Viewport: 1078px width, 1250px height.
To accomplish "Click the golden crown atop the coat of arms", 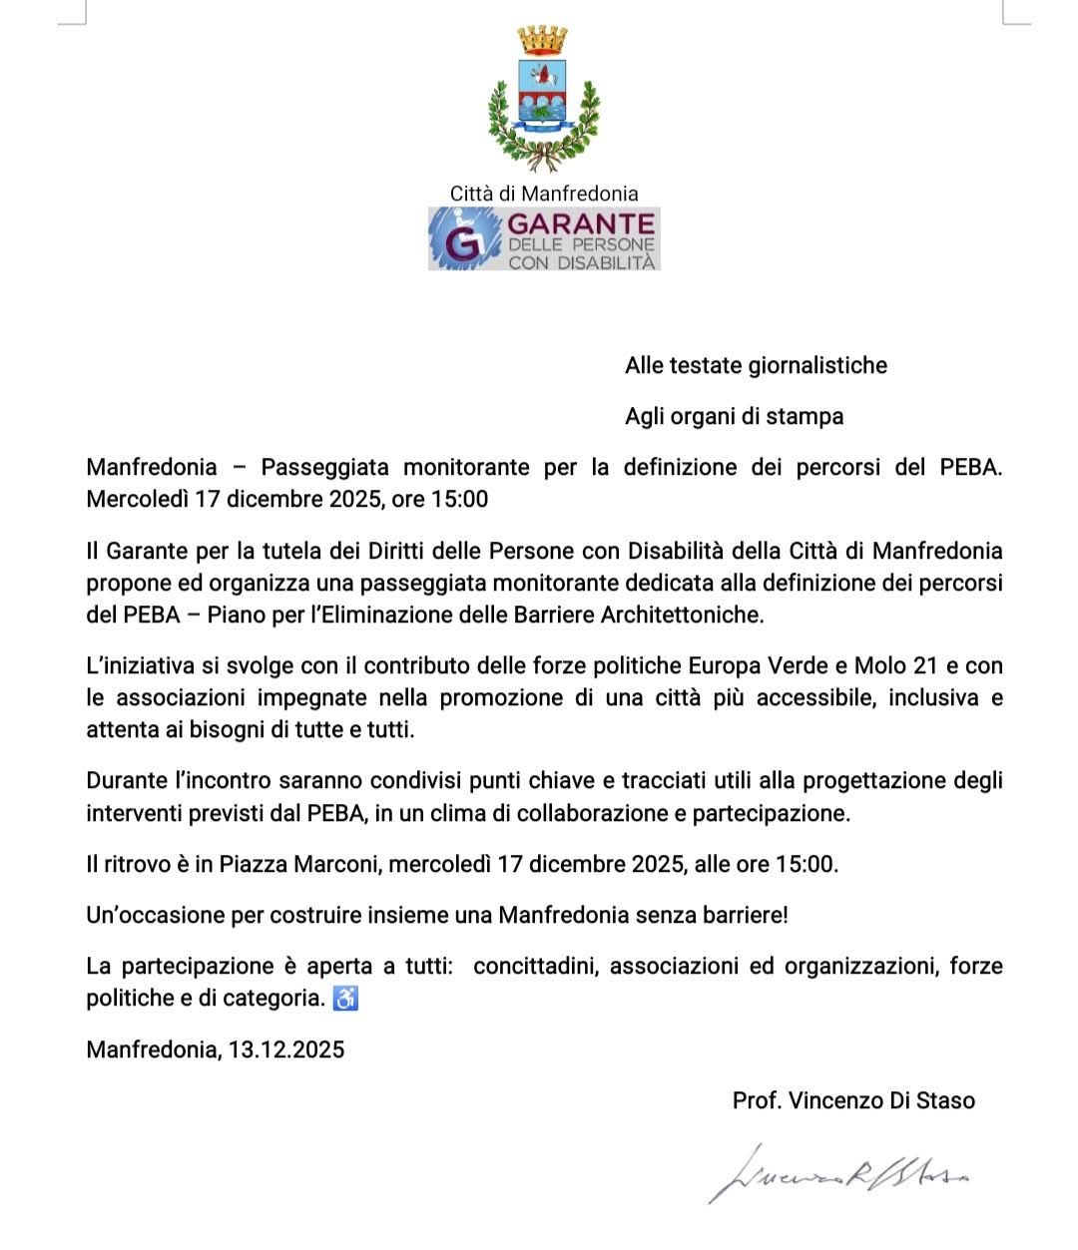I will (x=542, y=41).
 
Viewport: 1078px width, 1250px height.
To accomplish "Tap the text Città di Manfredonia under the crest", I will (x=543, y=194).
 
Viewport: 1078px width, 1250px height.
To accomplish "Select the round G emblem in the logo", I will (x=461, y=240).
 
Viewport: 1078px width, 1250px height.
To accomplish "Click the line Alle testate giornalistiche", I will (x=756, y=365).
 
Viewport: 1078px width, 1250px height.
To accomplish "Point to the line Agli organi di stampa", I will (x=734, y=416).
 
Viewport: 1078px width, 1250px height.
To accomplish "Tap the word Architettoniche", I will (x=682, y=615).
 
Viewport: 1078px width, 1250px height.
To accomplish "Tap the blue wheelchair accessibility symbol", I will (x=345, y=998).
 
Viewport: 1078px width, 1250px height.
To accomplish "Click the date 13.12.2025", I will (x=286, y=1048).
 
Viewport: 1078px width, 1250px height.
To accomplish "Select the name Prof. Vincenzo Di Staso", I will (x=853, y=1100).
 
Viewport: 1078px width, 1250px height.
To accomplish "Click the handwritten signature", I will (x=838, y=1174).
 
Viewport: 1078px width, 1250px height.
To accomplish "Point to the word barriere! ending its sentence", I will (x=741, y=914).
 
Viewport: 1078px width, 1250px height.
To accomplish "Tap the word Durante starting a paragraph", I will (x=125, y=780).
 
